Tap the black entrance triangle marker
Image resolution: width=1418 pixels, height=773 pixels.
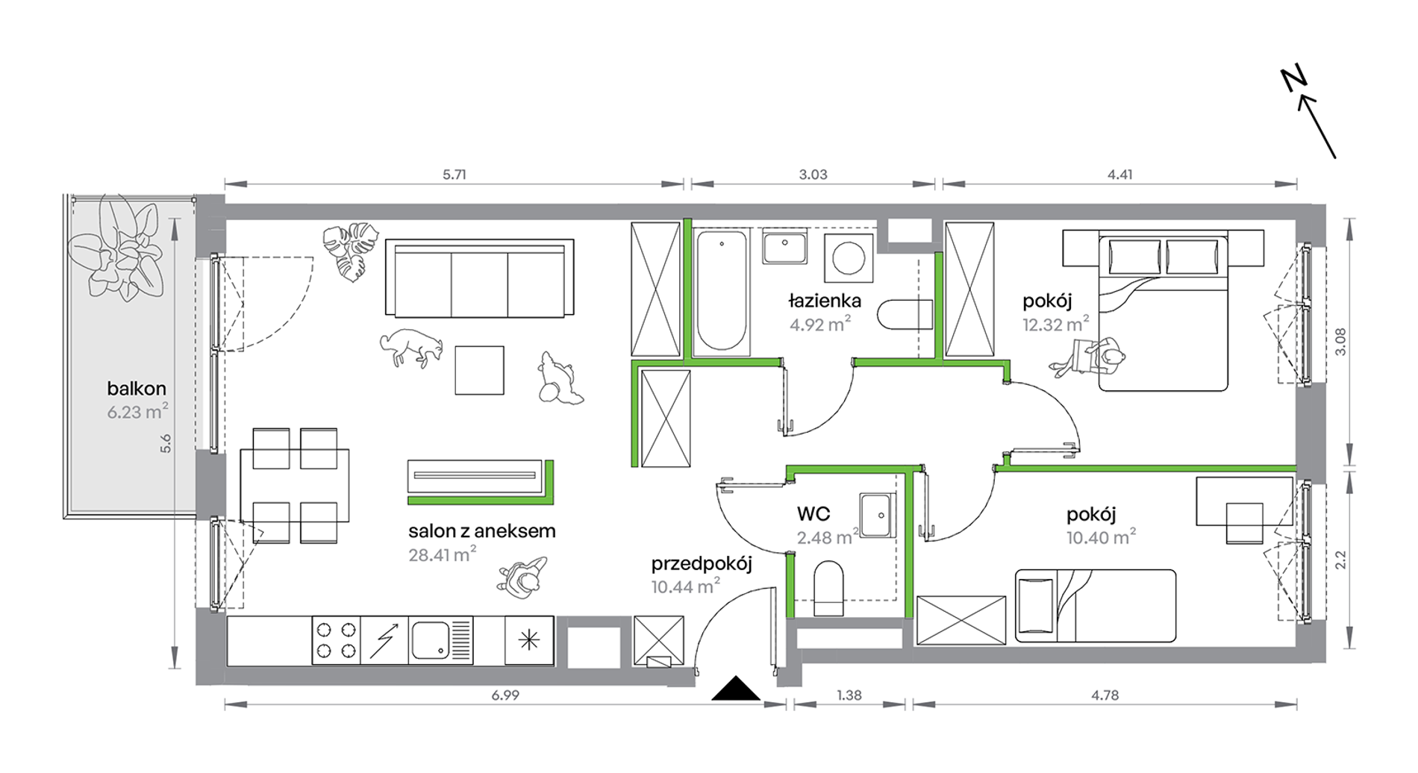736,688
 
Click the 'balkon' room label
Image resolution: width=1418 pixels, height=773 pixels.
137,389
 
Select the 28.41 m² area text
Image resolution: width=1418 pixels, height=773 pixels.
442,554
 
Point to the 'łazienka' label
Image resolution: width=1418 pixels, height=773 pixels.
825,301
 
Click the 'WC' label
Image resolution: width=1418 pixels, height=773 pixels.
813,514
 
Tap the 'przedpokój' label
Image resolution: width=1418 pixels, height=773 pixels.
702,564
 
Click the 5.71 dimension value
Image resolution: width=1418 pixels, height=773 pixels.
455,175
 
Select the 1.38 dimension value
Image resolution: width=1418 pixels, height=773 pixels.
849,695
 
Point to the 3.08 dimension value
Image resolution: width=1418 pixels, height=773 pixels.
1340,342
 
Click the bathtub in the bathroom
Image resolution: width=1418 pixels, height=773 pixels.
721,290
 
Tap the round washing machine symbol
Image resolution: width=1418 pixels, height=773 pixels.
849,258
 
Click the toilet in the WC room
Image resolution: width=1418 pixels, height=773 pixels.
828,588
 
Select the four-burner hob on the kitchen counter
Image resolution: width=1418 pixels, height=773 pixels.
336,640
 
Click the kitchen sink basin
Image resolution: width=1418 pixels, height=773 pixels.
431,640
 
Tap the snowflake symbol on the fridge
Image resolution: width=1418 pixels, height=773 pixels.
529,640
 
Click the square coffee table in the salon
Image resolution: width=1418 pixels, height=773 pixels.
479,370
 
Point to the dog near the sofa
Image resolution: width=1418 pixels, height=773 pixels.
411,347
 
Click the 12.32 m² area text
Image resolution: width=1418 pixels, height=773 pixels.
1055,325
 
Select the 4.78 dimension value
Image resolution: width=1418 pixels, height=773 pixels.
1105,695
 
